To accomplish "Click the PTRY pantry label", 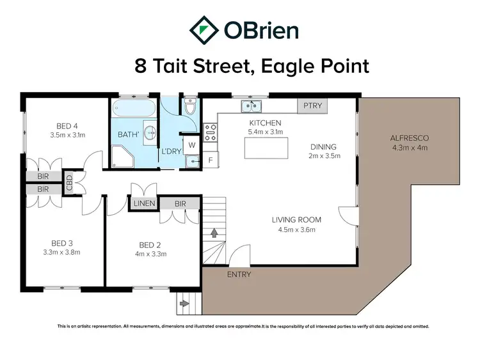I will tap(312, 106).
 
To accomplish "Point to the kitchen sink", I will tap(251, 106).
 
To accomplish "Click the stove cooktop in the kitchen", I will tap(211, 132).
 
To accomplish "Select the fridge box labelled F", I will tap(211, 160).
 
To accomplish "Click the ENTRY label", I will tap(239, 274).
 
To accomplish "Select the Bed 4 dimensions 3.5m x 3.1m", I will tap(67, 135).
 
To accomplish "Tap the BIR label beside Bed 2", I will tap(180, 203).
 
